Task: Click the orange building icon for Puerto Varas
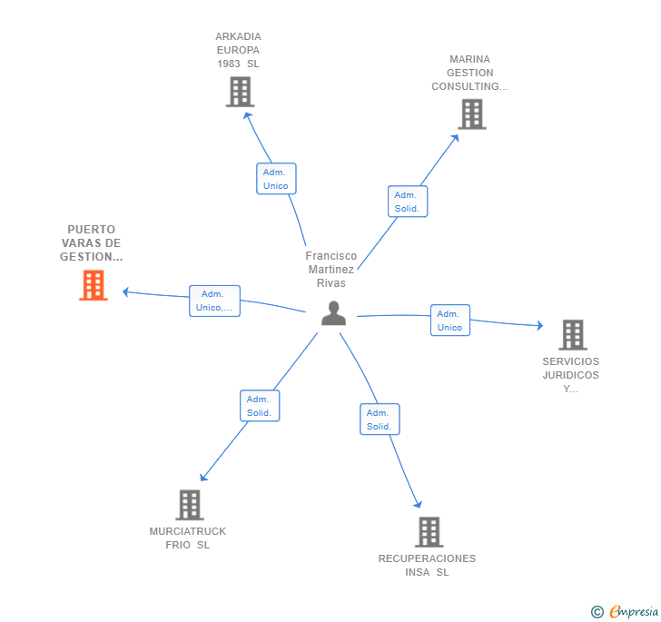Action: [x=94, y=285]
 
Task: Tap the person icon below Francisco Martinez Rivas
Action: [x=333, y=313]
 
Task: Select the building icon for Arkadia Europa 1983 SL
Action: [x=241, y=92]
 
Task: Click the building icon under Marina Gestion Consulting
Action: [x=472, y=114]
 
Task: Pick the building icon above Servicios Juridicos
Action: [x=573, y=335]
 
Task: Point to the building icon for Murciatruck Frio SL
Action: [x=190, y=505]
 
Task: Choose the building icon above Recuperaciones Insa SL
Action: [x=429, y=532]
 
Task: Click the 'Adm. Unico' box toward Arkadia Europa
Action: [x=277, y=179]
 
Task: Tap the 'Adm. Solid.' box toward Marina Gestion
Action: [x=408, y=202]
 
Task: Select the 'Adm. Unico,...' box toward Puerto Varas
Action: [x=214, y=301]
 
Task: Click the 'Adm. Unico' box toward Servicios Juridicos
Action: [x=450, y=321]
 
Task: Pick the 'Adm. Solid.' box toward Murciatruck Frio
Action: [x=260, y=406]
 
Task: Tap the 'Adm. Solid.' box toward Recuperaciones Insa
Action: [x=380, y=420]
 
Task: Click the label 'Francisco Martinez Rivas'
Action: [x=331, y=270]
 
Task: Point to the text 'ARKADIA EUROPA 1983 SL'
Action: [x=238, y=50]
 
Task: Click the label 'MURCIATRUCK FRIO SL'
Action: [x=188, y=538]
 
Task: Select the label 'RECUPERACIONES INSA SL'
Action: [x=427, y=565]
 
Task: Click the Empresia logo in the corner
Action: [x=625, y=611]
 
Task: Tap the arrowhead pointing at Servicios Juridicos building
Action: [x=539, y=325]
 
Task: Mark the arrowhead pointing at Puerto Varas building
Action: [x=125, y=291]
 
